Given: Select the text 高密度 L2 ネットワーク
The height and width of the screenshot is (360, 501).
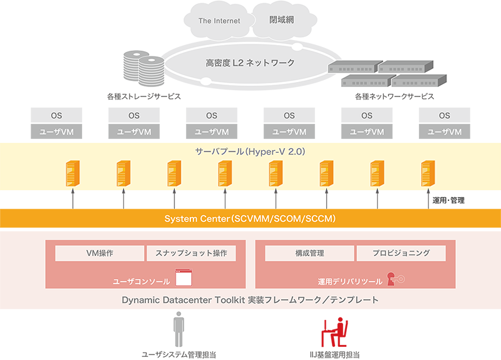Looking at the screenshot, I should (250, 63).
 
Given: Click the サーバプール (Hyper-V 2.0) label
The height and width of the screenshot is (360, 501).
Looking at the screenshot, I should (250, 152).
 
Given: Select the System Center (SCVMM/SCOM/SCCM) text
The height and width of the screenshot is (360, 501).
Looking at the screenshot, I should (250, 219).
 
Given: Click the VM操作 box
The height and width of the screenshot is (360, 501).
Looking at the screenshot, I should (99, 253).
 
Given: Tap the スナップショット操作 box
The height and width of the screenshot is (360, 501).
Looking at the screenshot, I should (191, 253).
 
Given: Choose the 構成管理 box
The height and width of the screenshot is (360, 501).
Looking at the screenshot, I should (309, 253).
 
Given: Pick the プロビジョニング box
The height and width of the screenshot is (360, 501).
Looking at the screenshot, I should (401, 253).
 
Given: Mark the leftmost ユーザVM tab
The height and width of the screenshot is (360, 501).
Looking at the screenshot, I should (56, 132).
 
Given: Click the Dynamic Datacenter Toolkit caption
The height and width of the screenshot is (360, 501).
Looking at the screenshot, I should (250, 300).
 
